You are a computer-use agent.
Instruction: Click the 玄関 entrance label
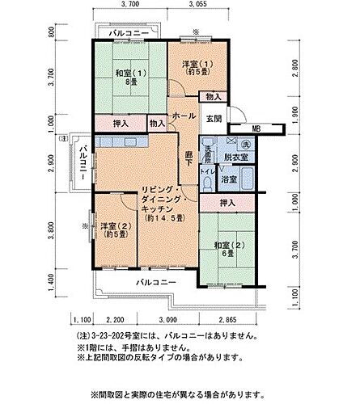(x=214, y=119)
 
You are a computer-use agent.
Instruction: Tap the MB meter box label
(x=256, y=128)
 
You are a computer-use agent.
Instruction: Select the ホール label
(x=183, y=116)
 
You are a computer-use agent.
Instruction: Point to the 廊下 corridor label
(x=187, y=159)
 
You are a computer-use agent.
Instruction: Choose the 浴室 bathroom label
(x=229, y=179)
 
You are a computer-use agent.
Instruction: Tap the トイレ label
(x=207, y=171)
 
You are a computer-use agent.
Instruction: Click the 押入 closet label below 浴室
(x=228, y=203)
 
